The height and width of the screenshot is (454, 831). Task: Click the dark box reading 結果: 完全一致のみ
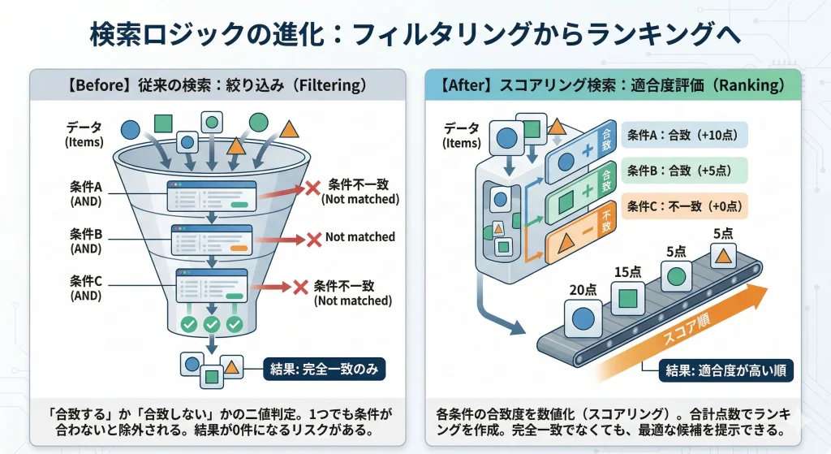tap(324, 369)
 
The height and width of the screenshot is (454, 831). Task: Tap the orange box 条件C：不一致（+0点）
tap(686, 206)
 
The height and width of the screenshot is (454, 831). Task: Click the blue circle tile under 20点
tap(583, 318)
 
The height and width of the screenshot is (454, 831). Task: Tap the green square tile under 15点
tap(626, 297)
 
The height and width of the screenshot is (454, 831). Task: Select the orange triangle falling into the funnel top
tap(236, 146)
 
